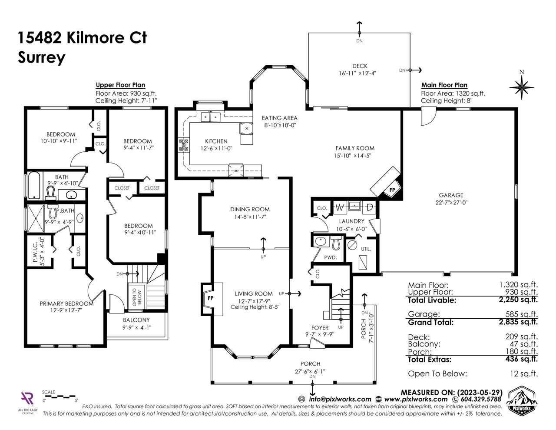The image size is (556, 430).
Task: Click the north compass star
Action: (521, 87)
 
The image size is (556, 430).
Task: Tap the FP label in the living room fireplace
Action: (210, 298)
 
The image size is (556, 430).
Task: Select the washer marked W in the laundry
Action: (340, 207)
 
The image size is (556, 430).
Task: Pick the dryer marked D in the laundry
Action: (369, 207)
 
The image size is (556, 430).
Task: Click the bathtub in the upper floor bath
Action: (34, 185)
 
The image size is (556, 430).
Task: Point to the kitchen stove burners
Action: (183, 145)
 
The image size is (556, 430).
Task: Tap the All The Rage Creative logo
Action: (28, 402)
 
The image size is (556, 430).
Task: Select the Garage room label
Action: (451, 195)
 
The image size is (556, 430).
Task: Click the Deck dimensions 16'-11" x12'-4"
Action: (357, 73)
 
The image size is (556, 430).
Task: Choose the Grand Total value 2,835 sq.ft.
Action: (518, 322)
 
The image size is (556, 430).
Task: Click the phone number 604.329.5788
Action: (481, 399)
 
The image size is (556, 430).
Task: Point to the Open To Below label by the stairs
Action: (137, 297)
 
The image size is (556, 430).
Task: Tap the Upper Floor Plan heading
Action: (120, 85)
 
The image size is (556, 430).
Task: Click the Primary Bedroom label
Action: (66, 303)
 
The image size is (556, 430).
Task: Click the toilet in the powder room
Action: (336, 244)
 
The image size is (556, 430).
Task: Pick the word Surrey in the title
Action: (41, 58)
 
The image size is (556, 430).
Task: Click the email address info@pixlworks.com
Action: (340, 399)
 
